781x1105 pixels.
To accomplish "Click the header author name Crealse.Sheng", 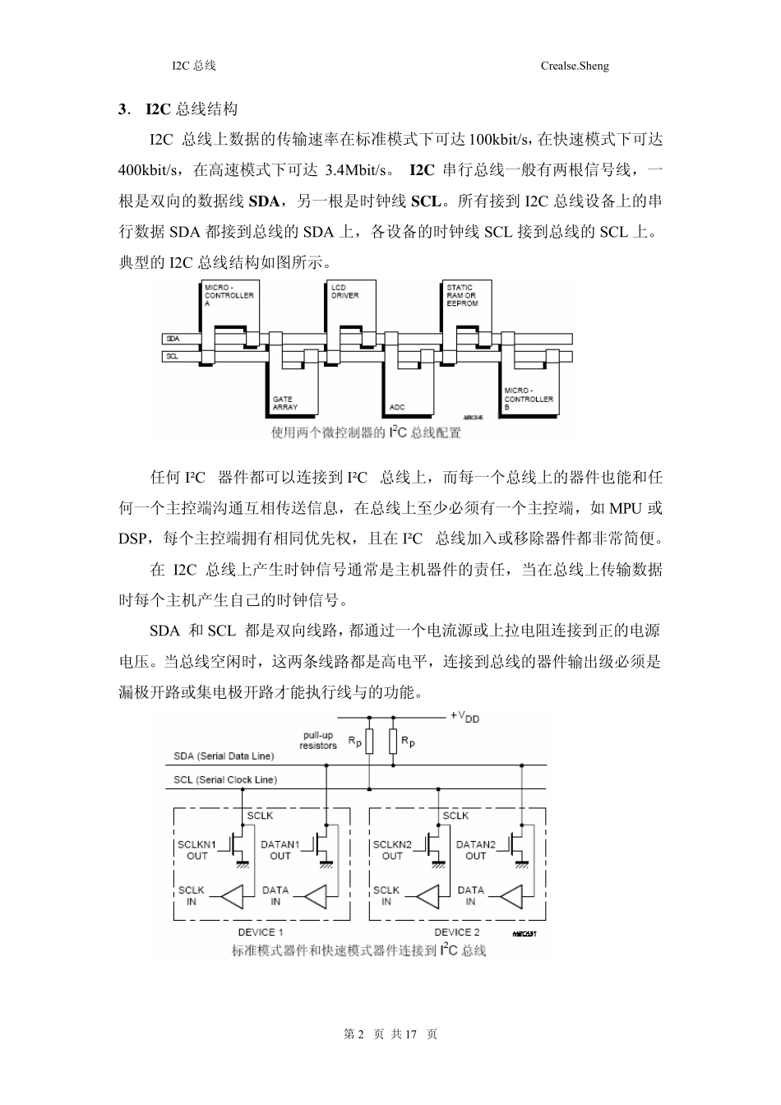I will [x=575, y=66].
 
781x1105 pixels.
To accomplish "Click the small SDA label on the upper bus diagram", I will [x=173, y=339].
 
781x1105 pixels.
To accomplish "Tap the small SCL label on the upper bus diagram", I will [x=173, y=357].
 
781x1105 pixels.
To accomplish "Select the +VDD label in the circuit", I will [x=464, y=717].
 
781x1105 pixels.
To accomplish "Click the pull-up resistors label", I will [x=318, y=740].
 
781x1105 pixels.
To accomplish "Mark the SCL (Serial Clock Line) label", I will [x=225, y=779].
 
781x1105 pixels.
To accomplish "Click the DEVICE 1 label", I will [x=261, y=932].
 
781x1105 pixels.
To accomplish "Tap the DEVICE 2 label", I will [x=456, y=932].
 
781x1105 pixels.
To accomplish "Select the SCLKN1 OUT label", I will [x=197, y=849].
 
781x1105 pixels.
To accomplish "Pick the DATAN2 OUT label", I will [x=476, y=849].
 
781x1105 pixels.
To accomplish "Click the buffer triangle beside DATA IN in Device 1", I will [x=317, y=895].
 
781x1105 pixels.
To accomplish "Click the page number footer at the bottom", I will [x=390, y=1034].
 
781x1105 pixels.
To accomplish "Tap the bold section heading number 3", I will [x=122, y=109].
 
